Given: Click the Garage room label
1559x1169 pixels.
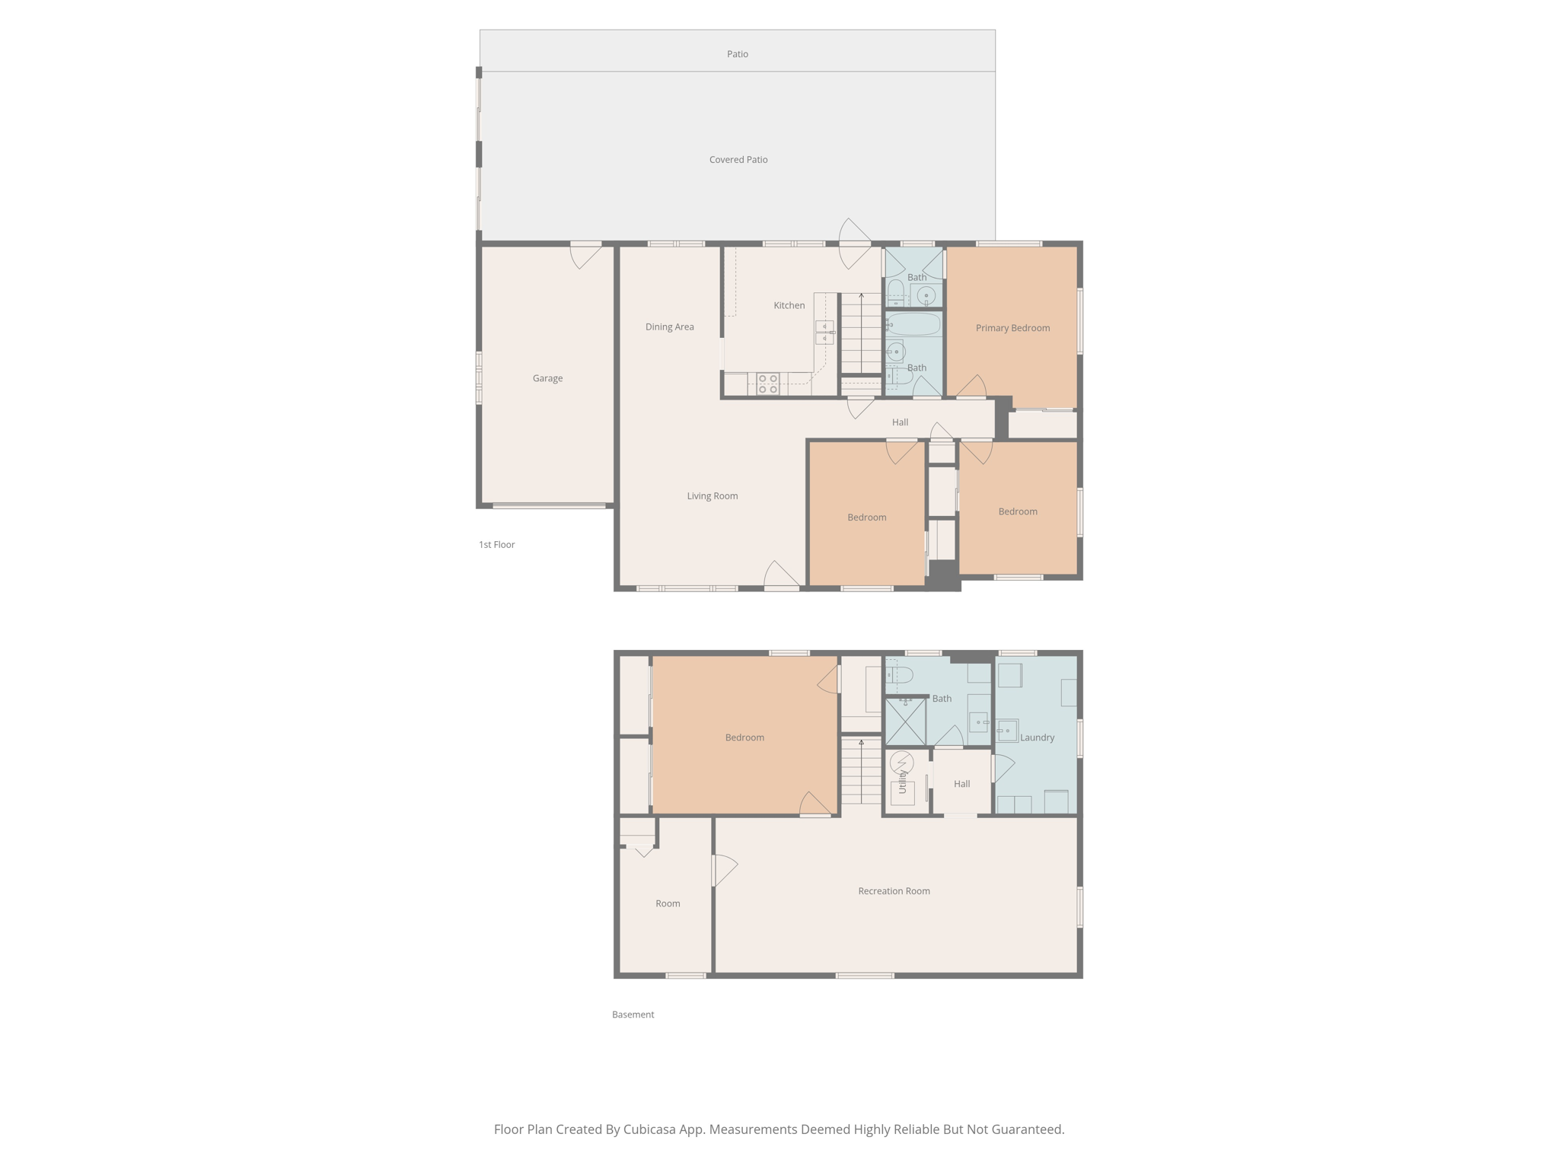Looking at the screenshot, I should pos(547,378).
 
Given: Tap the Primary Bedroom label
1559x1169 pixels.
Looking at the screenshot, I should pos(1012,328).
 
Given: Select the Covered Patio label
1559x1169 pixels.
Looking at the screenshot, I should pos(738,160).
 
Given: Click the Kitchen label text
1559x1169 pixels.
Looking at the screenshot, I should pos(789,305).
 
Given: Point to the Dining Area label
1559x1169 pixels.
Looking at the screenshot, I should pos(669,327).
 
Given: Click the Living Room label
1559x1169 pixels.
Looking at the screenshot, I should pos(712,496).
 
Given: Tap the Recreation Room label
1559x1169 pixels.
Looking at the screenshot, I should pos(894,891).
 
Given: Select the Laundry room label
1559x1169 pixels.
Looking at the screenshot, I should pos(1037,737).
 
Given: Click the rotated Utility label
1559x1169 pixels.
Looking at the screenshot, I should pos(903,782).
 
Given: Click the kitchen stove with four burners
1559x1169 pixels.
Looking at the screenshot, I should pos(767,384).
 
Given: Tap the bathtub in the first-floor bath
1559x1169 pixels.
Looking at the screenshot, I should pos(913,324).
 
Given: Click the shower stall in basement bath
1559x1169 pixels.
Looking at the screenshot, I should pos(905,721).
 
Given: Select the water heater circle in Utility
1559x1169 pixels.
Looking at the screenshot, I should pos(902,761).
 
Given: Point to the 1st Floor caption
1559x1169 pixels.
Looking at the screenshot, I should pos(496,545).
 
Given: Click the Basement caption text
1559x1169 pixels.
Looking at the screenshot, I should pos(633,1015).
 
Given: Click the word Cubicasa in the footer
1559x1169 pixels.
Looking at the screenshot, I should pos(651,1129).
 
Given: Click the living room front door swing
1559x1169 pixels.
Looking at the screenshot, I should pos(782,575).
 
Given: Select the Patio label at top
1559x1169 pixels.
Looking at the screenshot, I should pos(737,54).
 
